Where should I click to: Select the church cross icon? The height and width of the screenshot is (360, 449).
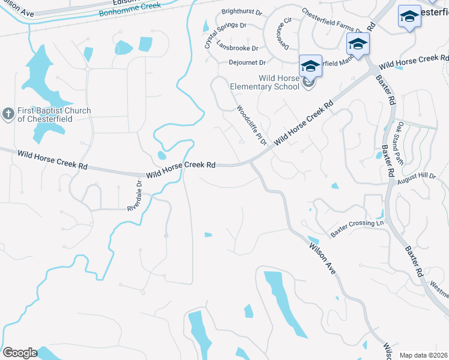pyautogui.click(x=8, y=113)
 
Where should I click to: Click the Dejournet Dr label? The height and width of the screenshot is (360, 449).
pyautogui.click(x=247, y=62)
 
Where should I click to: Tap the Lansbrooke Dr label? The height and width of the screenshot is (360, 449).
pyautogui.click(x=237, y=48)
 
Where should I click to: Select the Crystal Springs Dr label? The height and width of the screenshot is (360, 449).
pyautogui.click(x=226, y=35)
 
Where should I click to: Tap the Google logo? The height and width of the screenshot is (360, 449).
pyautogui.click(x=20, y=353)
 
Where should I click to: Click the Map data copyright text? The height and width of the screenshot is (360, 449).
pyautogui.click(x=424, y=355)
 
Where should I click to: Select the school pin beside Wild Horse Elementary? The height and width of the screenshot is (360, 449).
pyautogui.click(x=311, y=66)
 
